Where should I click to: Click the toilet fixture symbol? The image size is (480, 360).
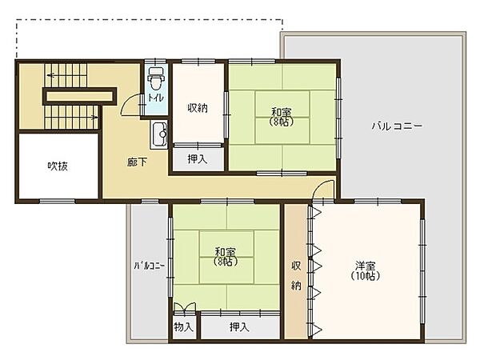click(156, 78)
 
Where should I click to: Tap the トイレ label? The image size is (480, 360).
click(156, 98)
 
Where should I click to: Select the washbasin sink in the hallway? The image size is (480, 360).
click(159, 134)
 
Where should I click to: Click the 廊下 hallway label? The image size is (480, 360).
click(137, 162)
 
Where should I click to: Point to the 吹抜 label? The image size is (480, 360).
click(58, 166)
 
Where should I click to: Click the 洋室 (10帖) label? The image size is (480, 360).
click(366, 270)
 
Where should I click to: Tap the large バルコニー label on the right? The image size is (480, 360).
click(398, 126)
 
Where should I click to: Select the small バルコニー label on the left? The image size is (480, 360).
click(149, 266)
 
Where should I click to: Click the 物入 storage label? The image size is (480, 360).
click(184, 327)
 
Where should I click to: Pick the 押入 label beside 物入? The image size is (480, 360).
click(239, 327)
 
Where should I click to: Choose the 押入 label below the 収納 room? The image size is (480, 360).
click(198, 158)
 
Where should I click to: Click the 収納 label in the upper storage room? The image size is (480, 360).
click(198, 108)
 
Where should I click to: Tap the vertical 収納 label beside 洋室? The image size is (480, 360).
click(296, 275)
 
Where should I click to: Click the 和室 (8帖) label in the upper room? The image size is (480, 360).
click(282, 117)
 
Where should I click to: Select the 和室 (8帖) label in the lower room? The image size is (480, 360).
click(226, 257)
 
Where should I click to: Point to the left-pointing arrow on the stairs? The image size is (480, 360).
click(51, 75)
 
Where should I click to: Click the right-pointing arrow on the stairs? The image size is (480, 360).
click(94, 118)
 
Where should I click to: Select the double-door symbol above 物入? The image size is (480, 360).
click(185, 309)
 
